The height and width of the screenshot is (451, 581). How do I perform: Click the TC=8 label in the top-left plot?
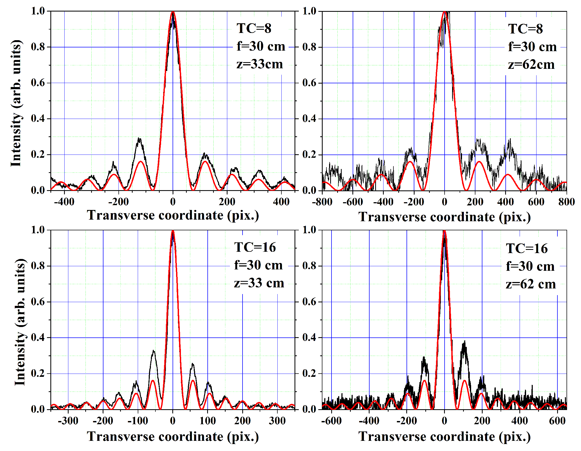(x=254, y=28)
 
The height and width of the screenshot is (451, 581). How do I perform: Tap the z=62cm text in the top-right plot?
(x=531, y=65)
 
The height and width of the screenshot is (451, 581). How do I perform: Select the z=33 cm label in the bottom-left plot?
(x=259, y=283)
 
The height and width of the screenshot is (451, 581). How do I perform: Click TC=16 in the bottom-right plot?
(x=527, y=248)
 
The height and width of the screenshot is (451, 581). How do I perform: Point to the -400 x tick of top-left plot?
(x=64, y=202)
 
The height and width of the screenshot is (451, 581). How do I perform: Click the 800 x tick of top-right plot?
(x=566, y=202)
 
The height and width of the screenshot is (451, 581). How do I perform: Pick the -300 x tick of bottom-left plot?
(x=68, y=421)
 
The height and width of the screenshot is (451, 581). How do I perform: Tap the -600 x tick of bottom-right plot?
(x=332, y=421)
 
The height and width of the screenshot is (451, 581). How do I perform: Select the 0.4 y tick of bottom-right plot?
(x=309, y=337)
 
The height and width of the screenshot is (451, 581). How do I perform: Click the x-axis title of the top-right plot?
(x=444, y=217)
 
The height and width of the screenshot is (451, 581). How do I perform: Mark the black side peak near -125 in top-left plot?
(x=139, y=139)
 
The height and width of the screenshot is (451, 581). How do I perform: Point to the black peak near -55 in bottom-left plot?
(x=154, y=351)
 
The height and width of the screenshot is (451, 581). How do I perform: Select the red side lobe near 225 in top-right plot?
(x=479, y=162)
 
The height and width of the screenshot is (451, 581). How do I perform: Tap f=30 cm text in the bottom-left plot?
(x=258, y=265)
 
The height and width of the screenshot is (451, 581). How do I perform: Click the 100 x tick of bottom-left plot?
(x=207, y=421)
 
